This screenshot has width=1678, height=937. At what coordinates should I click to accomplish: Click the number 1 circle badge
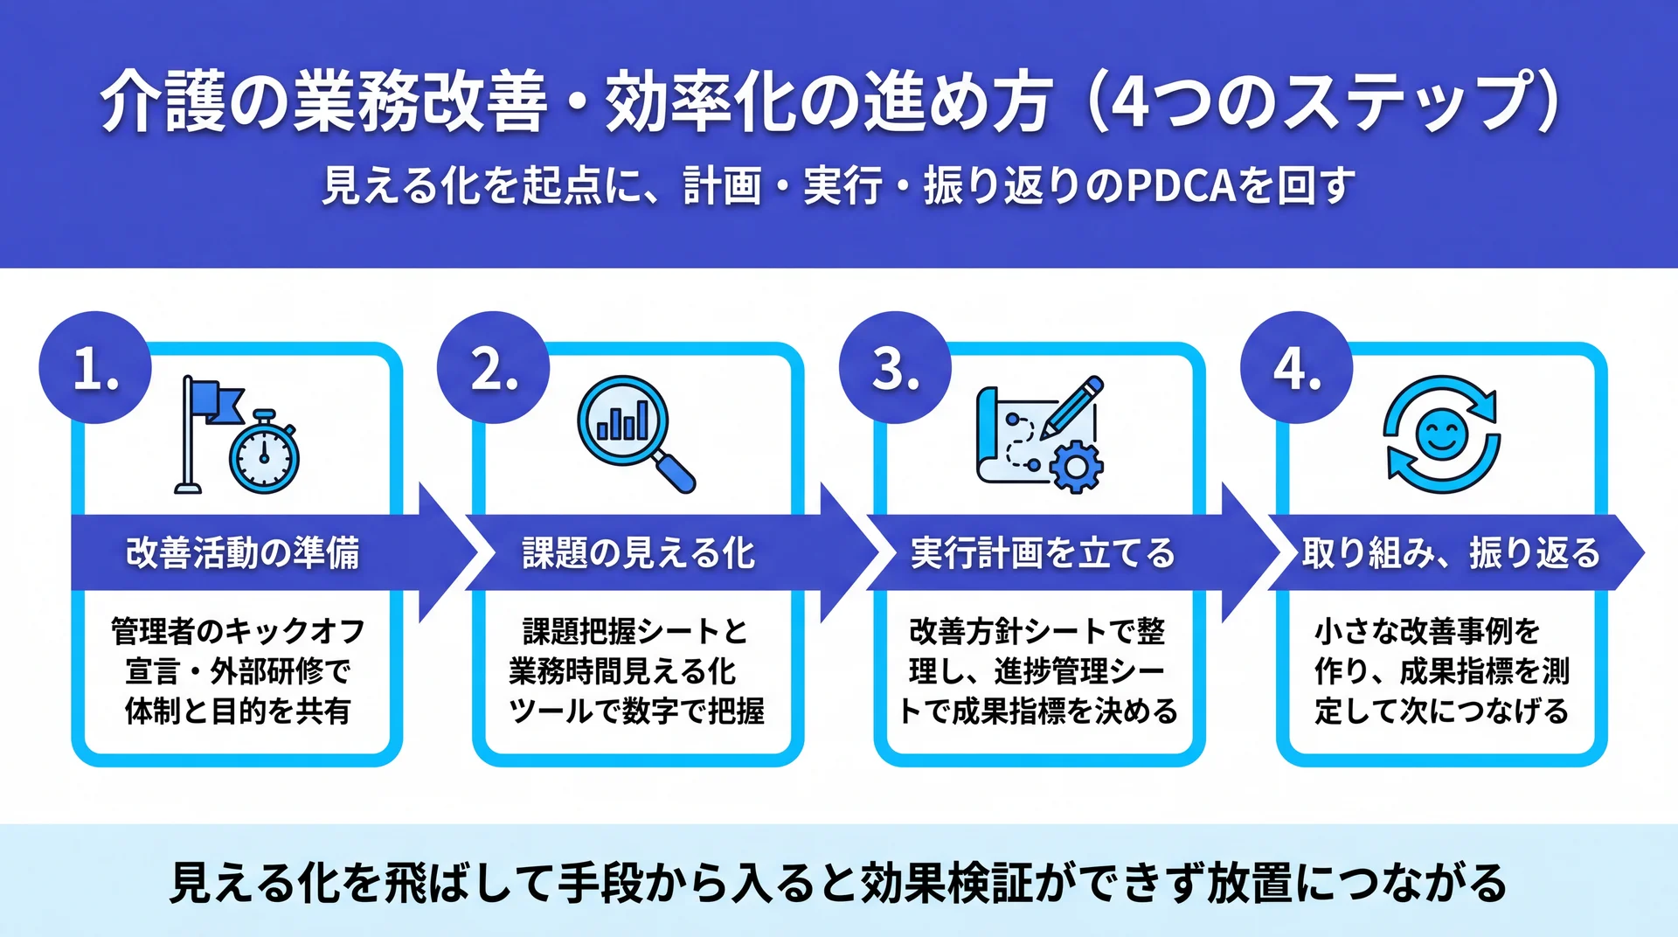click(x=95, y=368)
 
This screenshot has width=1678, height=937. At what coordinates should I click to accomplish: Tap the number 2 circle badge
click(x=494, y=368)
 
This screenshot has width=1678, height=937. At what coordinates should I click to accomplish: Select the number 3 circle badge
click(x=895, y=368)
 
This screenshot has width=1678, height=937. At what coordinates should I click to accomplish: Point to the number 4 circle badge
click(x=1297, y=368)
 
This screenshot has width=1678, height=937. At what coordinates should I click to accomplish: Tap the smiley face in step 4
click(x=1441, y=434)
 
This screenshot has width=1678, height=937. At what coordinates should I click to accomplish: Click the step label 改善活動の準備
click(x=242, y=553)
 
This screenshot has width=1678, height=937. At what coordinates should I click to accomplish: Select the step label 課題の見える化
click(x=638, y=553)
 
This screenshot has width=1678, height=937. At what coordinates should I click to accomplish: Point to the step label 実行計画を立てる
click(x=1043, y=553)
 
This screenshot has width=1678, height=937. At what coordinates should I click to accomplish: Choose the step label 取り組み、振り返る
click(x=1451, y=553)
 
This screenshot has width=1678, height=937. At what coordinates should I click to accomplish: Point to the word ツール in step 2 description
click(x=551, y=711)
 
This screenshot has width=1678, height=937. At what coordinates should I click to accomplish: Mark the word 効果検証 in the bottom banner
click(x=945, y=883)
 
